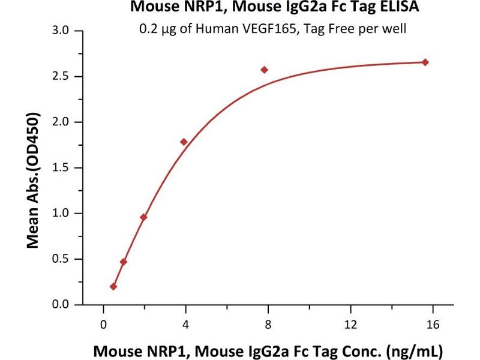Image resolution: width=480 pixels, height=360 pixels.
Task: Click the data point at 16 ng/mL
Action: (x=425, y=62)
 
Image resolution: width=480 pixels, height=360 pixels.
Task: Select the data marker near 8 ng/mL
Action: (x=264, y=70)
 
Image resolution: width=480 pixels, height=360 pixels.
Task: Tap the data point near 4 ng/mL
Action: (x=184, y=142)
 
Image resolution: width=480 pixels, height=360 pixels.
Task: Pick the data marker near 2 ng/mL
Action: (x=143, y=217)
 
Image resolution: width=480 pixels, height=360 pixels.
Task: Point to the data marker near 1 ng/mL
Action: (x=124, y=262)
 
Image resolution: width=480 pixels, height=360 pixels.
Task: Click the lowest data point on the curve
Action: (x=113, y=287)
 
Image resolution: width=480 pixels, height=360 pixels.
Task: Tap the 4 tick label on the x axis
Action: (x=185, y=324)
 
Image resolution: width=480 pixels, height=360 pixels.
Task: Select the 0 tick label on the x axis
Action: (x=103, y=324)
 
